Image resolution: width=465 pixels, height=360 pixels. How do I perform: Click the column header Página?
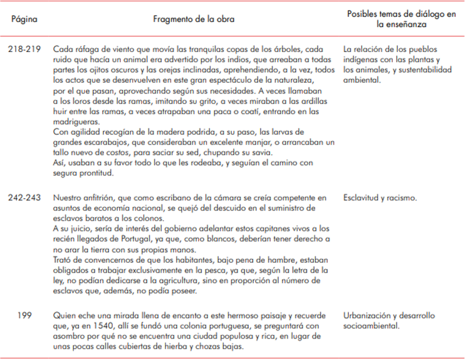pos(24,19)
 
